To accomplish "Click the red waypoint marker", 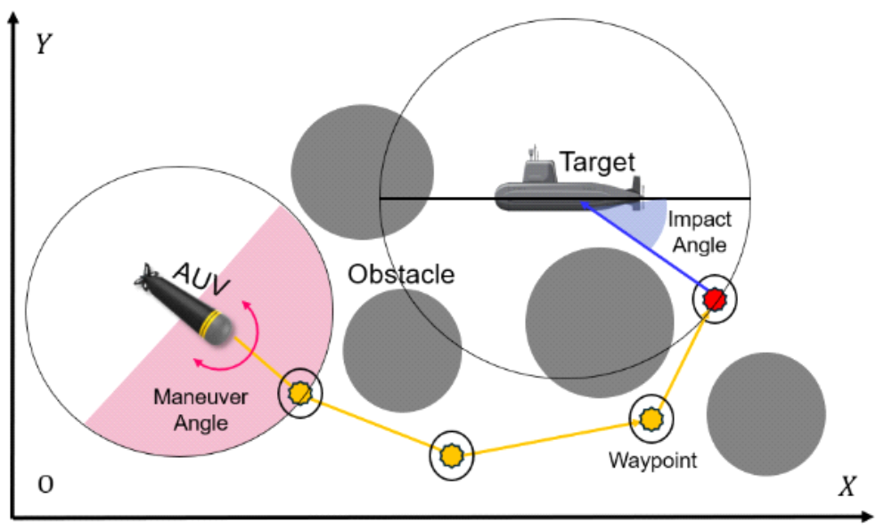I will point(714,299).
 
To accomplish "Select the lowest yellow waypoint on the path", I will point(452,455).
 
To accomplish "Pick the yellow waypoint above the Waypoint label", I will point(651,417).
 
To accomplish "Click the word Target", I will point(597,162).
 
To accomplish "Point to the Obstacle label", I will point(401,273).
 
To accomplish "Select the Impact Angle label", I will point(700,230).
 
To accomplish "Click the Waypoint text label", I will point(653,461).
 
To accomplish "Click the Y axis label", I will point(41,45).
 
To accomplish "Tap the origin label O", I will point(44,484).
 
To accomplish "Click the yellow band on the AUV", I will point(211,326).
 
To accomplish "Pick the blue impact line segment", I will point(642,246).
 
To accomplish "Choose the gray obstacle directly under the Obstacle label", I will point(402,348).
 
